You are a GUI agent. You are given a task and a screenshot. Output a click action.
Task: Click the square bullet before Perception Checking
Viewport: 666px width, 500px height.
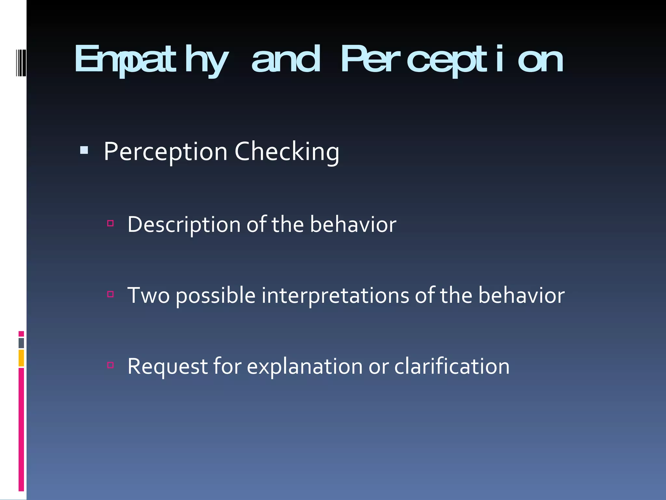84,150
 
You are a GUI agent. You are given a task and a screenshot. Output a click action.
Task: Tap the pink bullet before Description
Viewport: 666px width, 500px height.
110,223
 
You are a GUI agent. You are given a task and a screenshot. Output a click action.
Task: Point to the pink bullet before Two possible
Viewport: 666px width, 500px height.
110,294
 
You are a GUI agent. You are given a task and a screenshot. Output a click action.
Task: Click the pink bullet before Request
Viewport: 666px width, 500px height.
110,365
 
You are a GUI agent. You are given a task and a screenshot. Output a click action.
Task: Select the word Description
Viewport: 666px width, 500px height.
184,225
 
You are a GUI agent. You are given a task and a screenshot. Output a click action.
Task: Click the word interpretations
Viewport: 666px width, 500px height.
335,296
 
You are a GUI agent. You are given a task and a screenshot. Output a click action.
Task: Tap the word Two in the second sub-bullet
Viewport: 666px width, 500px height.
148,296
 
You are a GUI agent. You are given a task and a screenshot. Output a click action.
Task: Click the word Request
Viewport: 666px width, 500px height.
167,367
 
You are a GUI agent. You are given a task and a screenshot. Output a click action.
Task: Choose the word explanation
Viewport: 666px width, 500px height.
304,367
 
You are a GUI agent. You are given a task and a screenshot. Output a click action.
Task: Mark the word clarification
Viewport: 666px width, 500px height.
452,367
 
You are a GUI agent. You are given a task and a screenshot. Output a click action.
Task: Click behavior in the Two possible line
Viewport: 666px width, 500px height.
521,296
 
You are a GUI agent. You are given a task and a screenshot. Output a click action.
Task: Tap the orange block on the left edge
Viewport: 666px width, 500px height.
21,358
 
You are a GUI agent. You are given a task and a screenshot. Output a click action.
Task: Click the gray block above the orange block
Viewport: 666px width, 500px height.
21,343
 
